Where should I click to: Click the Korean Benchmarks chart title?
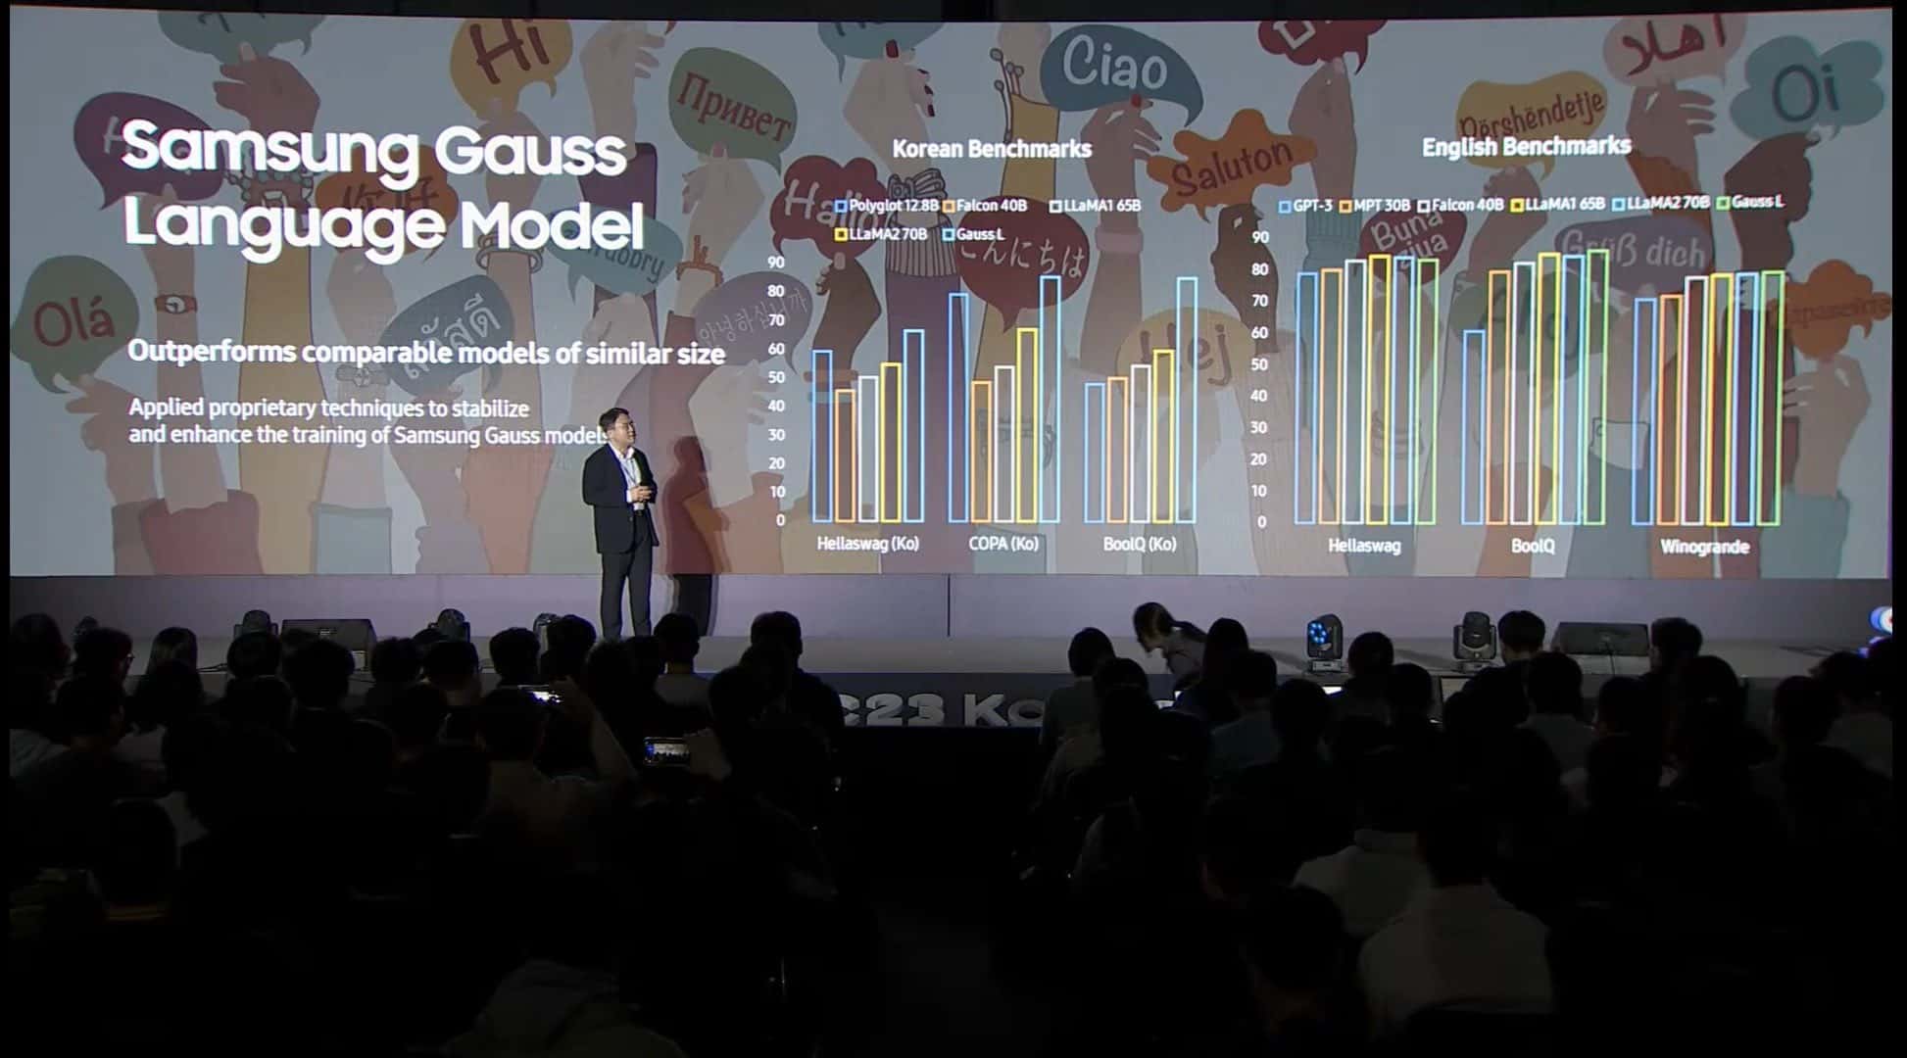pos(992,149)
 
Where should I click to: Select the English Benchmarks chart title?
pos(1526,147)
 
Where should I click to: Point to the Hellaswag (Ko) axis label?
pos(867,544)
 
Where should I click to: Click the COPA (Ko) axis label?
pos(1002,544)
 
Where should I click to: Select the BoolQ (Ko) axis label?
pos(1139,544)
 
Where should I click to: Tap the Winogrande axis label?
pos(1704,547)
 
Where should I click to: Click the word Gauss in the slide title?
pos(529,152)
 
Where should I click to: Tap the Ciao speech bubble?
pos(1115,67)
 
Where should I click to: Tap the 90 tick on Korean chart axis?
pos(775,263)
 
